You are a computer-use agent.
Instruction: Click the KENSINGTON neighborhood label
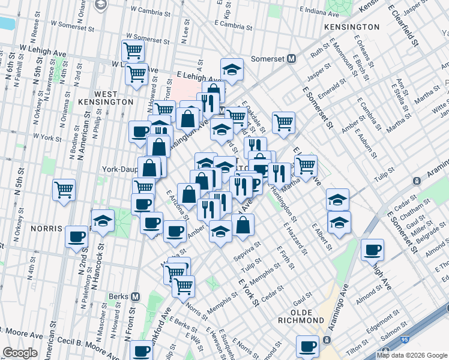(x=352, y=27)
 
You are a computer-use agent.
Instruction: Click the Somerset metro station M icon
(x=292, y=58)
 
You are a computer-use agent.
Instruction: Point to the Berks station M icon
(x=136, y=296)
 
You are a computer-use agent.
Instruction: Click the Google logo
(x=20, y=352)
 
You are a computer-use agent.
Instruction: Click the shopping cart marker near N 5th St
(x=64, y=190)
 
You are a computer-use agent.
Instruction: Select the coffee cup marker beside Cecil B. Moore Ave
(x=142, y=351)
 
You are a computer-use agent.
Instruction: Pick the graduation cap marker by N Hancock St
(x=103, y=220)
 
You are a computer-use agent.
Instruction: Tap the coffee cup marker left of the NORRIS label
(x=76, y=236)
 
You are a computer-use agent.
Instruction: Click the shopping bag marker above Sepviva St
(x=244, y=225)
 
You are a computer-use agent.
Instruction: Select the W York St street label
(x=47, y=137)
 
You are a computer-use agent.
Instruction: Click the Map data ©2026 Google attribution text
(x=412, y=355)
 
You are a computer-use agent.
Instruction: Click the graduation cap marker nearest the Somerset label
(x=231, y=69)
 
